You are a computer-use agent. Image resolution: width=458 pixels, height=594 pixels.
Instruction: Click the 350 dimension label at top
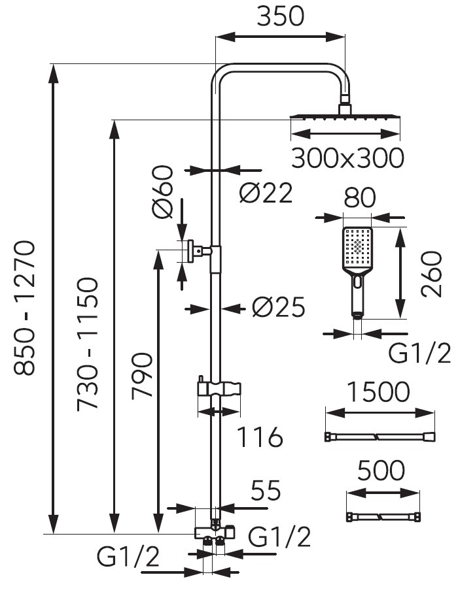pyautogui.click(x=280, y=16)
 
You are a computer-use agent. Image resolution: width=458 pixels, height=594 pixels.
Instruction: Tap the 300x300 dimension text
pyautogui.click(x=347, y=158)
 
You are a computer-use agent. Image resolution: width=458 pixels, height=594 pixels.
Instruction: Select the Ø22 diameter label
pyautogui.click(x=266, y=193)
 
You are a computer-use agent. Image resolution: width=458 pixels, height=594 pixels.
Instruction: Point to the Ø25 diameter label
pyautogui.click(x=279, y=307)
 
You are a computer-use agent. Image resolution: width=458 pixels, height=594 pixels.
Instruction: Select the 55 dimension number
pyautogui.click(x=264, y=490)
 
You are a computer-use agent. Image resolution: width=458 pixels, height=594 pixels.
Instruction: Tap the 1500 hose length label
pyautogui.click(x=379, y=392)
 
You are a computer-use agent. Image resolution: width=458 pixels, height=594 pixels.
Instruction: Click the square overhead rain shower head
pyautogui.click(x=345, y=118)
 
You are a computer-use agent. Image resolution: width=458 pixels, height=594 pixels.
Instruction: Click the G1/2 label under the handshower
pyautogui.click(x=419, y=354)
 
